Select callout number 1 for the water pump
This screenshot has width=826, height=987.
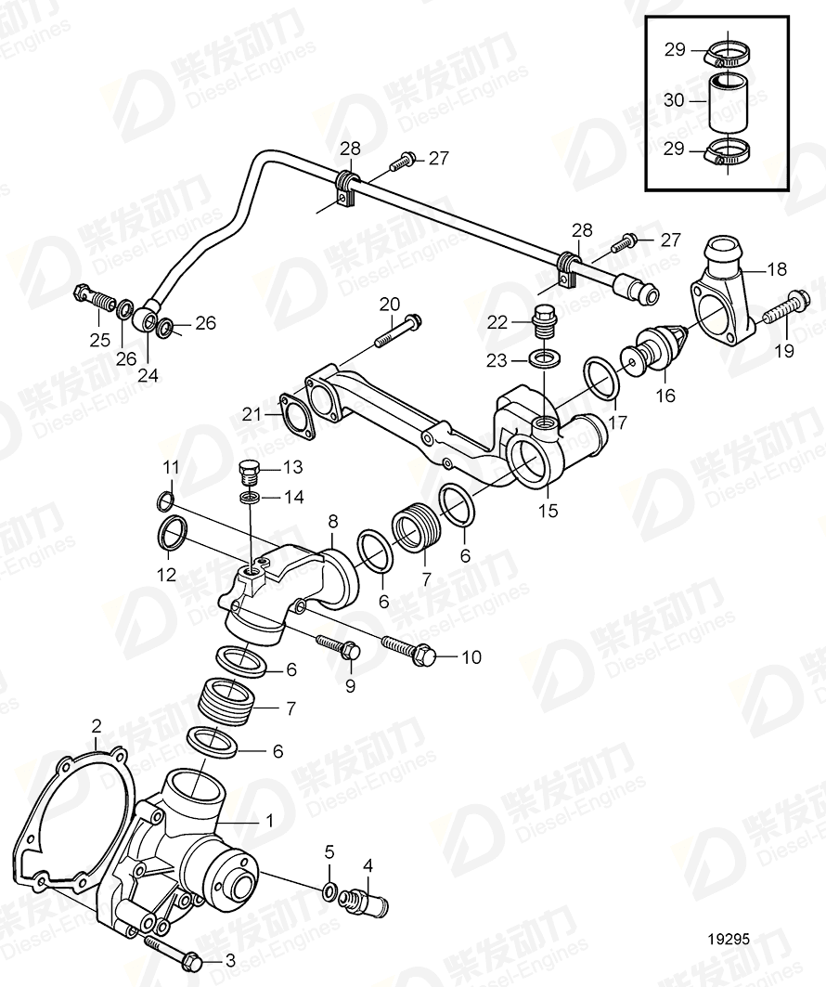pyautogui.click(x=268, y=821)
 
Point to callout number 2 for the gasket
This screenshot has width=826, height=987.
pyautogui.click(x=96, y=724)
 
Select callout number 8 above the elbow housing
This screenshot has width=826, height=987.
pyautogui.click(x=331, y=522)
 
